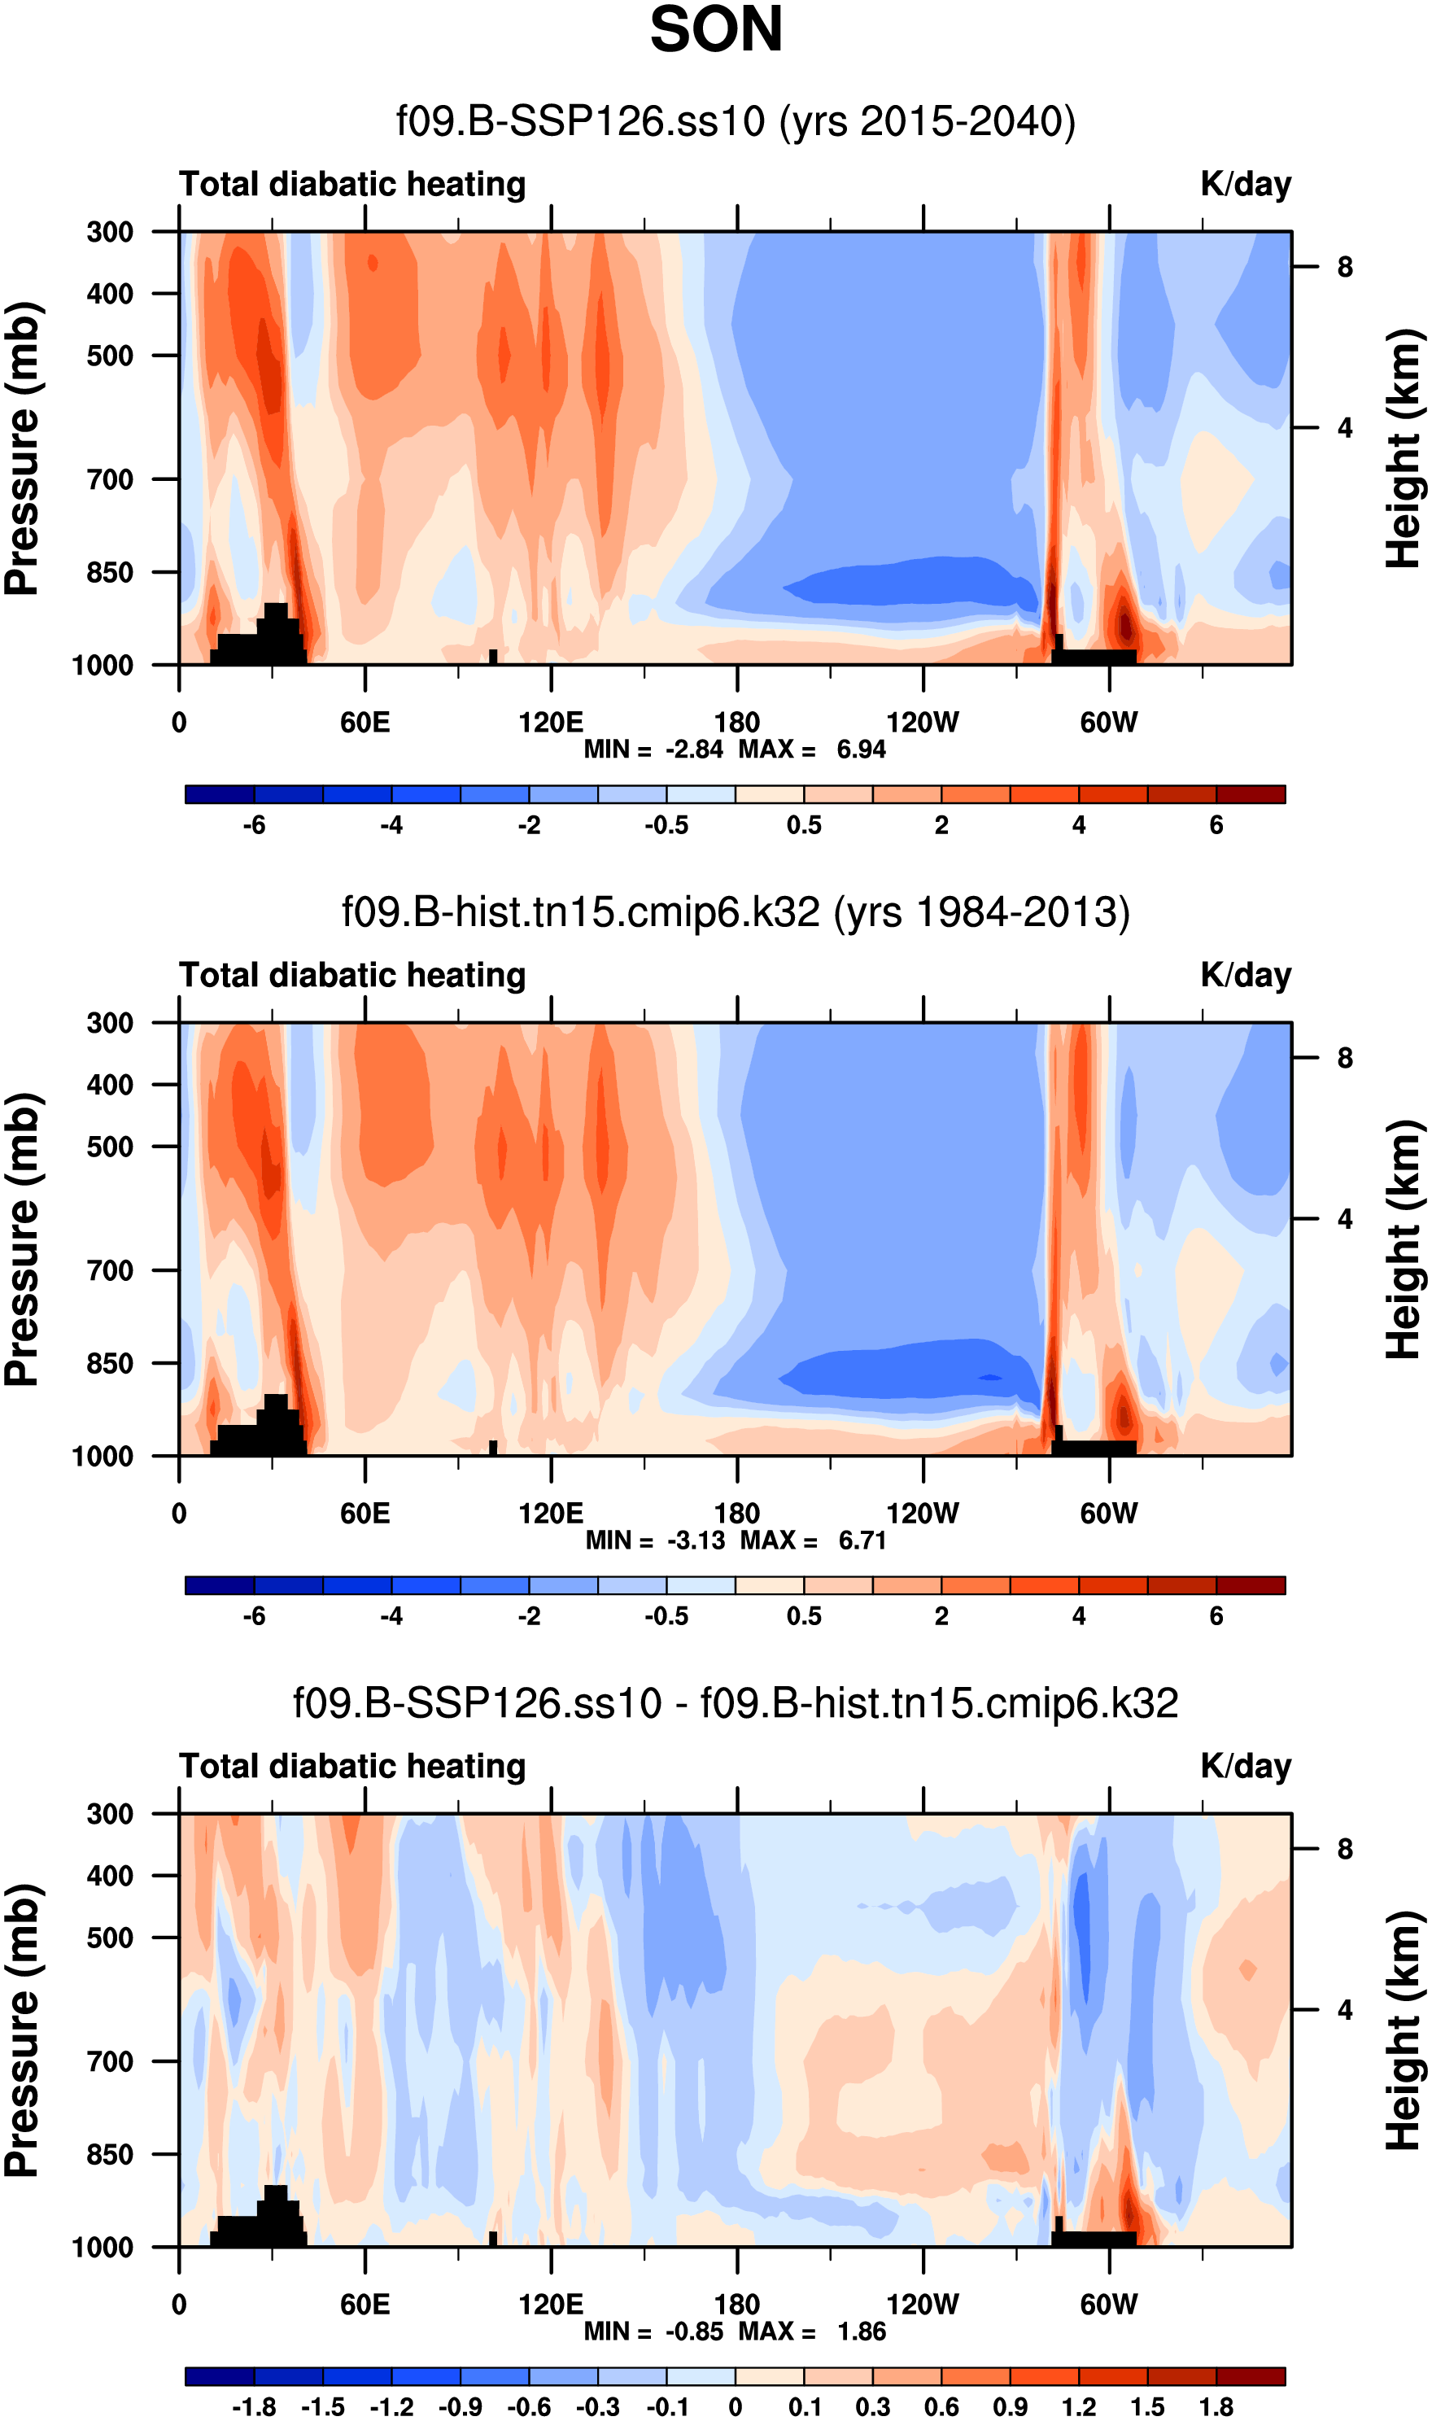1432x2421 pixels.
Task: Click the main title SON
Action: pyautogui.click(x=716, y=31)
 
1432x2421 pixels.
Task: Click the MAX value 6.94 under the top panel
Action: pyautogui.click(x=861, y=749)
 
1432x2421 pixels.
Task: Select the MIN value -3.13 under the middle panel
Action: pyautogui.click(x=696, y=1541)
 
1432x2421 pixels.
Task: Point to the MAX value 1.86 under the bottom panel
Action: pyautogui.click(x=861, y=2332)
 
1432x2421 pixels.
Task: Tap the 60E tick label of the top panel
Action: pyautogui.click(x=365, y=723)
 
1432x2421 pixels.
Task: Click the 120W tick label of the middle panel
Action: pyautogui.click(x=923, y=1514)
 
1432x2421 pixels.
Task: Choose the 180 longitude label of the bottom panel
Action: pyautogui.click(x=737, y=2305)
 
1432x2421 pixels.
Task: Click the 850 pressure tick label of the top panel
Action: pyautogui.click(x=110, y=572)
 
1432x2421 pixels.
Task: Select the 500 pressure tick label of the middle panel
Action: pyautogui.click(x=110, y=1147)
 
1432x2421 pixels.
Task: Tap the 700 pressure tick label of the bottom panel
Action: pyautogui.click(x=110, y=2062)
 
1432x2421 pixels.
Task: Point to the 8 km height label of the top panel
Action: pyautogui.click(x=1345, y=267)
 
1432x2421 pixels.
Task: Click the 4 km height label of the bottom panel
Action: pyautogui.click(x=1345, y=2011)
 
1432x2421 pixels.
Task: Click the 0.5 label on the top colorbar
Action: pyautogui.click(x=804, y=826)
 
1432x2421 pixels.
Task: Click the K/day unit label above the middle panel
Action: pyautogui.click(x=1246, y=976)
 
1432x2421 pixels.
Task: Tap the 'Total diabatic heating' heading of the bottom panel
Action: pyautogui.click(x=352, y=1767)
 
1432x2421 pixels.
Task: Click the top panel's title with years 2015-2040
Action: pyautogui.click(x=736, y=121)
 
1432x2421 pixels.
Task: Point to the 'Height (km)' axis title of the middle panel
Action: pyautogui.click(x=1404, y=1240)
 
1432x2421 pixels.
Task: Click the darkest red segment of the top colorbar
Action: pyautogui.click(x=1251, y=794)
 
